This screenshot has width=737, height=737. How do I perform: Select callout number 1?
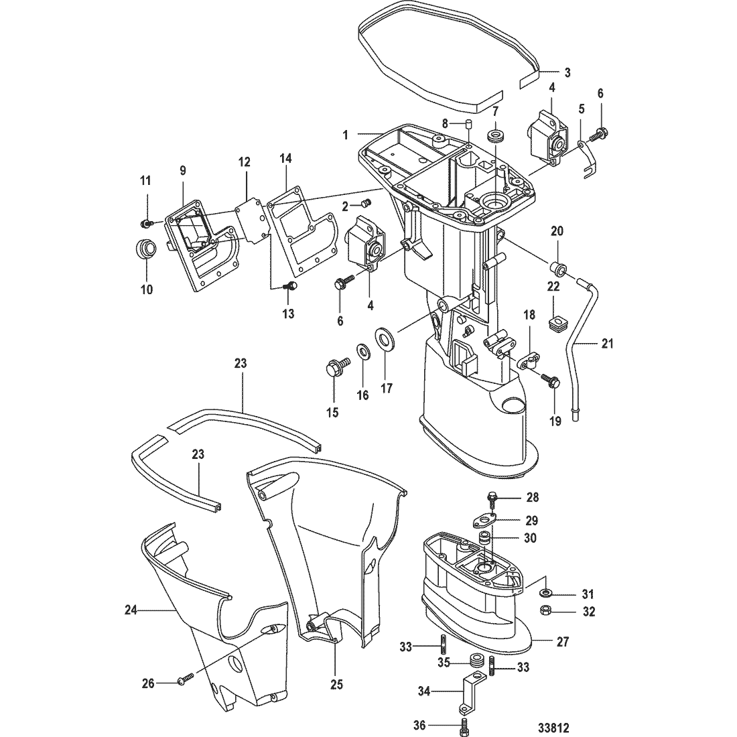click(346, 135)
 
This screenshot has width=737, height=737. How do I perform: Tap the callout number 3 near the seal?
click(567, 72)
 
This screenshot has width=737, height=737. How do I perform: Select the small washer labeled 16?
click(362, 351)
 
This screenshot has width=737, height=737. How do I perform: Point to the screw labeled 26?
click(184, 681)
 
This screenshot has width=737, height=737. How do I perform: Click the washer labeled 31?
click(547, 592)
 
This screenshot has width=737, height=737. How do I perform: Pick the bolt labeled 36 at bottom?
click(465, 725)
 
